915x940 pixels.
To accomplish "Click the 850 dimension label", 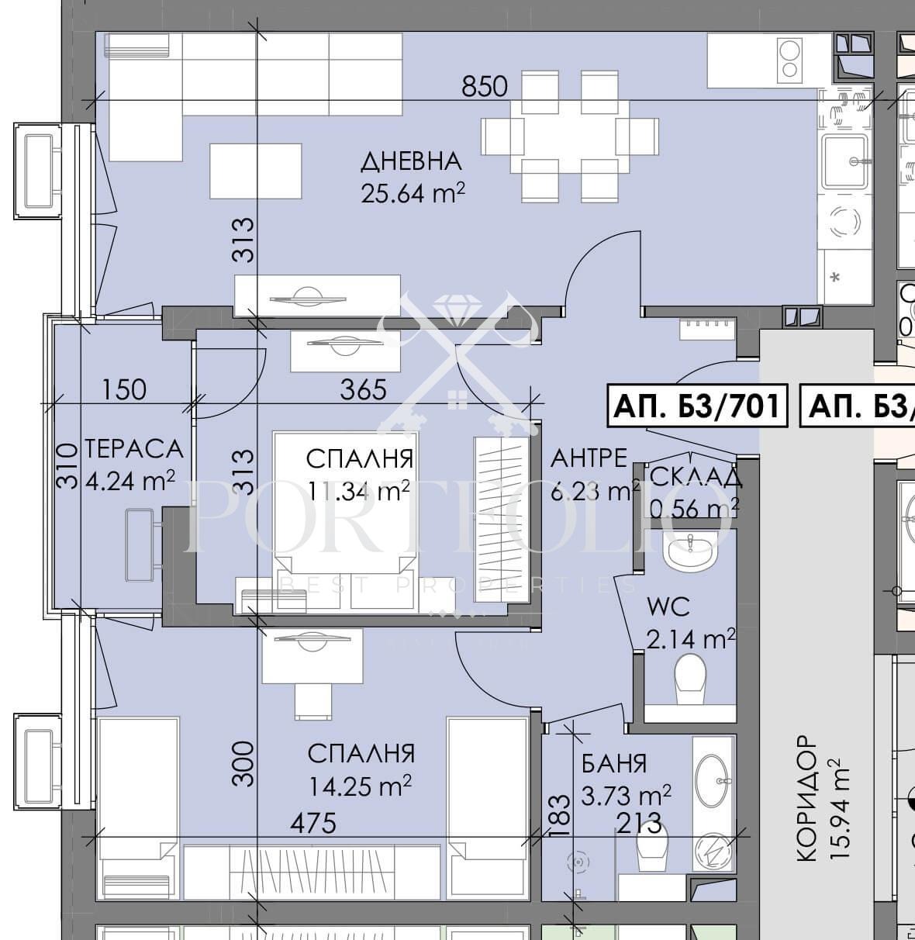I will click(485, 86).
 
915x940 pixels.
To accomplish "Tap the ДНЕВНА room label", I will click(411, 161).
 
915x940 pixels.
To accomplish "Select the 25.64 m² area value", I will click(413, 192).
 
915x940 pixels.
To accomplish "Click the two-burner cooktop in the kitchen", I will click(790, 60).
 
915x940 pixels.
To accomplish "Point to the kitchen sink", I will click(844, 161).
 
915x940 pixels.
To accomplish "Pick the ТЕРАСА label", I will click(133, 448).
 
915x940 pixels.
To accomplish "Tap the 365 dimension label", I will click(364, 389).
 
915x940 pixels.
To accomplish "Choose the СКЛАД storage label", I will click(696, 476).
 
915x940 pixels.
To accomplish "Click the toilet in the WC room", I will click(689, 678).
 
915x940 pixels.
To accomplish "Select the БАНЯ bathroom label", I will click(614, 763).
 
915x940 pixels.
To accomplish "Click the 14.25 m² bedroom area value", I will click(360, 786).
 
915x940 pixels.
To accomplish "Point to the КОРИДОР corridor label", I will click(806, 799).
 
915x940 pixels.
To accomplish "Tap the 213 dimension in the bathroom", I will click(638, 823).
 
